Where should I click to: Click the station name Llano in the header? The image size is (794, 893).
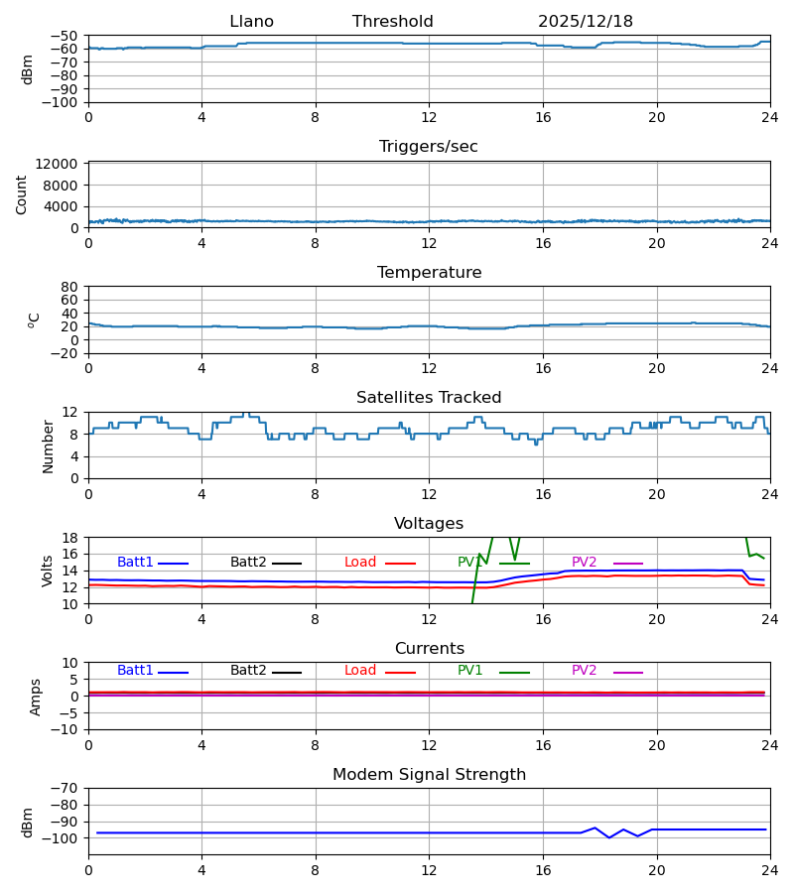[251, 22]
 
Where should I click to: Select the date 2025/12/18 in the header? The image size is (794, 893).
[585, 22]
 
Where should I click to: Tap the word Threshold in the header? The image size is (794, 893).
[392, 22]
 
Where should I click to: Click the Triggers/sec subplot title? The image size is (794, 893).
[428, 147]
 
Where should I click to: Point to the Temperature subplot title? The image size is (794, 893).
[429, 273]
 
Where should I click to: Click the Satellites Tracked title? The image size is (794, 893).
[429, 398]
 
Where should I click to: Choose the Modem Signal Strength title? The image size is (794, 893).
[429, 775]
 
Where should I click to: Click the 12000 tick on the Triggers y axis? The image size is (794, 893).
[62, 164]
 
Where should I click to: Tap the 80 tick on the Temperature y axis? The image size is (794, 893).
[69, 287]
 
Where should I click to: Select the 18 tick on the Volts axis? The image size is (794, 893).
[69, 538]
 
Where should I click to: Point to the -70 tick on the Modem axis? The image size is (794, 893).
[66, 788]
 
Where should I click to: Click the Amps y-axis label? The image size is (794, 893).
[37, 697]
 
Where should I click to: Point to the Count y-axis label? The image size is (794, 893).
[22, 194]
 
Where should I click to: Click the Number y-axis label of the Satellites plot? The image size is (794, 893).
[49, 446]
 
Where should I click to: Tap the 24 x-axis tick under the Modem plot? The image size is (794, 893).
[769, 869]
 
